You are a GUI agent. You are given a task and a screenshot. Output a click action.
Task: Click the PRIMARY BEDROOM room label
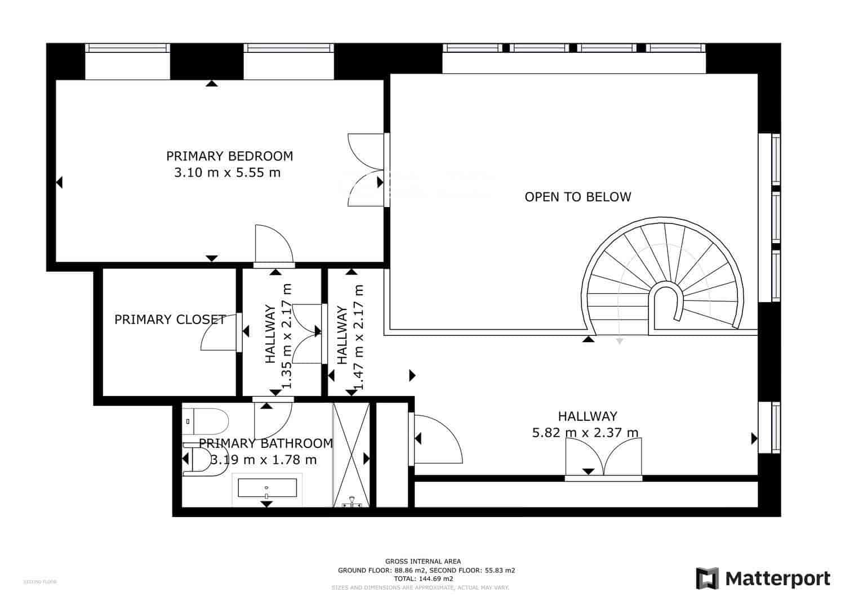click(229, 156)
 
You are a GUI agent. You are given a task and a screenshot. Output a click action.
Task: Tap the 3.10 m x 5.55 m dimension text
click(227, 173)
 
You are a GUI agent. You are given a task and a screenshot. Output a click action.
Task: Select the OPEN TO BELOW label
click(577, 197)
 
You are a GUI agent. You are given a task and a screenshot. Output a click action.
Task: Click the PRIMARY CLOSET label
click(170, 320)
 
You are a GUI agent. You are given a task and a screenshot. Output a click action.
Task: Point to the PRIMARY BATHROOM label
click(265, 443)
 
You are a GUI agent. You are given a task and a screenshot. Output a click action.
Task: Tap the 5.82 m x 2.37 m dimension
click(585, 433)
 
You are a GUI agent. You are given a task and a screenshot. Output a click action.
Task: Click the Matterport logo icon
click(708, 578)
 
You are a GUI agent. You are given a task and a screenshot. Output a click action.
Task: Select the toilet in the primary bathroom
click(206, 421)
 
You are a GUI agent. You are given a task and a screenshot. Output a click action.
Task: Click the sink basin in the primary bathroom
click(267, 488)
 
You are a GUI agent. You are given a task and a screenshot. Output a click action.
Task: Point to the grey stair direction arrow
click(619, 340)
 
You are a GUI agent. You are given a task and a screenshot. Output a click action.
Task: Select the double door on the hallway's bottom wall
click(603, 459)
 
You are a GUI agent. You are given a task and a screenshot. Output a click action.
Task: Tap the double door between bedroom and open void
click(365, 169)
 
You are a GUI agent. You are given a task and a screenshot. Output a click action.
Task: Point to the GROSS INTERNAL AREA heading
click(422, 561)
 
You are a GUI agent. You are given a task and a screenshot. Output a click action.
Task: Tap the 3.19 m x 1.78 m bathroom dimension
click(264, 460)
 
